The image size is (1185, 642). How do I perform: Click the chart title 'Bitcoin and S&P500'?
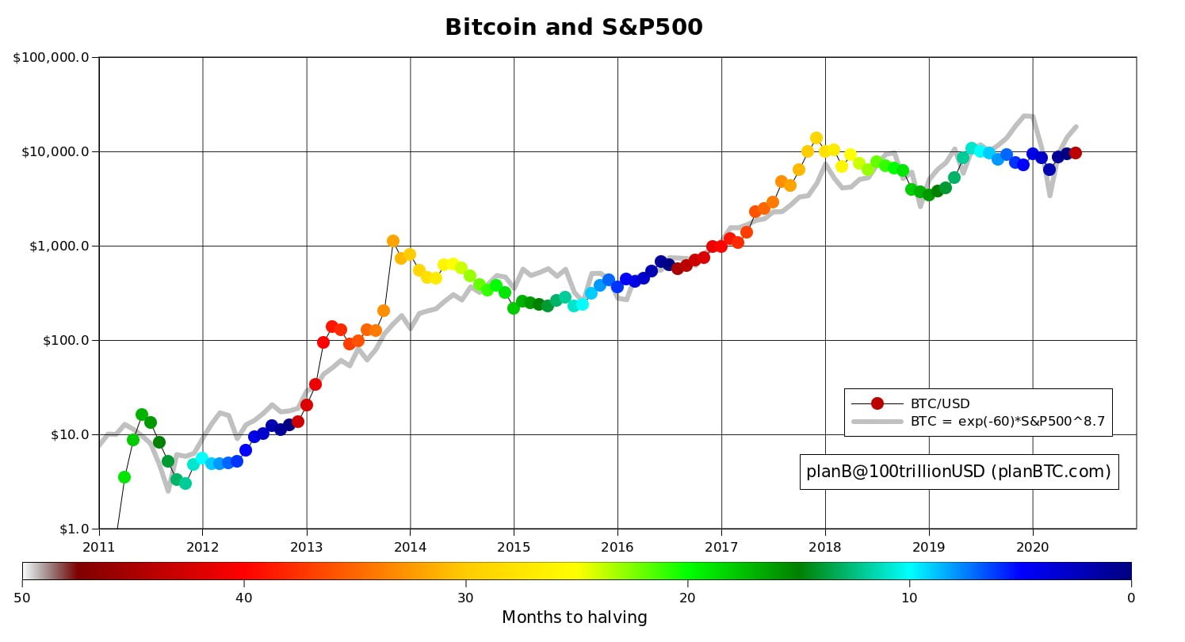(x=573, y=28)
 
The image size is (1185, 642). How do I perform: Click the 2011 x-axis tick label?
(x=99, y=547)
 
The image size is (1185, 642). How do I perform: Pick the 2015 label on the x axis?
(x=514, y=547)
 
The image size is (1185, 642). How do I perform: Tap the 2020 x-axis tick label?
(x=1032, y=547)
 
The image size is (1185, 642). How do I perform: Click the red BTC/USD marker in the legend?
(x=877, y=403)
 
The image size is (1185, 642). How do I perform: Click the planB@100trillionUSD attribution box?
(x=958, y=472)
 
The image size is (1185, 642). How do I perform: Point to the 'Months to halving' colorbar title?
(x=574, y=617)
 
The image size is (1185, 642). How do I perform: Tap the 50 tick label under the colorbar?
(x=23, y=598)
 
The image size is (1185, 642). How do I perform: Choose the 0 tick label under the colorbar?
(x=1131, y=598)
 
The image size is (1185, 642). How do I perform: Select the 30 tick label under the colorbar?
(x=465, y=598)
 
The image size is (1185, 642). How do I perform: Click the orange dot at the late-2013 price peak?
(x=393, y=241)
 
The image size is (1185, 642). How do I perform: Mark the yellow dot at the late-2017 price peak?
(x=816, y=138)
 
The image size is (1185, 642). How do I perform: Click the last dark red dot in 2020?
(x=1076, y=153)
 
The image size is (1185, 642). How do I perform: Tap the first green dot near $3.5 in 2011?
(x=124, y=477)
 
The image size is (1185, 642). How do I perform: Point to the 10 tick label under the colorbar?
(x=909, y=598)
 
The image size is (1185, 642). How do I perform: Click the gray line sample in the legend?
(x=877, y=422)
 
